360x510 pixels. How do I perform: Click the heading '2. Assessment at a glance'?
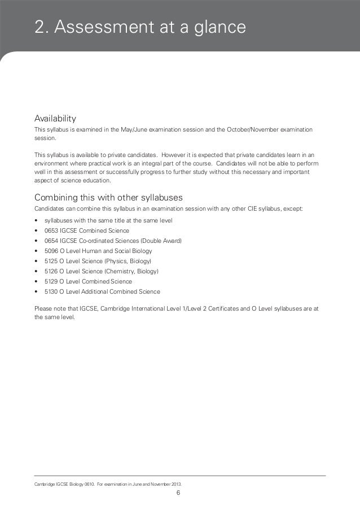[x=140, y=27]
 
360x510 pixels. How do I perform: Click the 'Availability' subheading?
[x=55, y=119]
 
